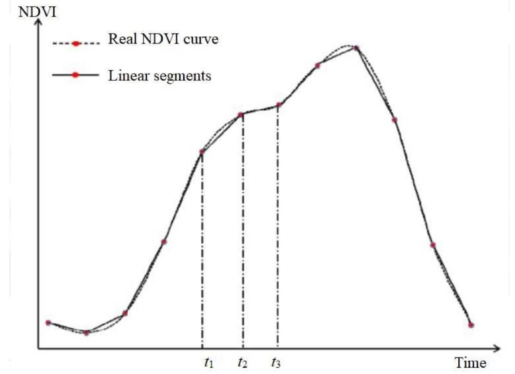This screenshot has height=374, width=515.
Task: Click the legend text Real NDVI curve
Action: [x=163, y=39]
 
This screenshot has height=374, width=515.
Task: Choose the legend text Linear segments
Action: [x=159, y=75]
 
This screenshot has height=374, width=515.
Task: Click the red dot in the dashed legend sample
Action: [x=76, y=43]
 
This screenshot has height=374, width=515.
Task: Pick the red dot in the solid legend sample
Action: [x=76, y=75]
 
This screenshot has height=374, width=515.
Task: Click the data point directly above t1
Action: [x=202, y=152]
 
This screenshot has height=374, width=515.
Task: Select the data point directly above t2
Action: [x=240, y=115]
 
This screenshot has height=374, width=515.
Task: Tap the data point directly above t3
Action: [x=279, y=105]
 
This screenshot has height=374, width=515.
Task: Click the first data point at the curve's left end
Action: [x=48, y=322]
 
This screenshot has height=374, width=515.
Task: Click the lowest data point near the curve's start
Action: [x=87, y=332]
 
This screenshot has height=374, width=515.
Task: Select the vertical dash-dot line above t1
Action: [x=202, y=251]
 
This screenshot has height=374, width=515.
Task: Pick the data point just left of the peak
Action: [x=318, y=66]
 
